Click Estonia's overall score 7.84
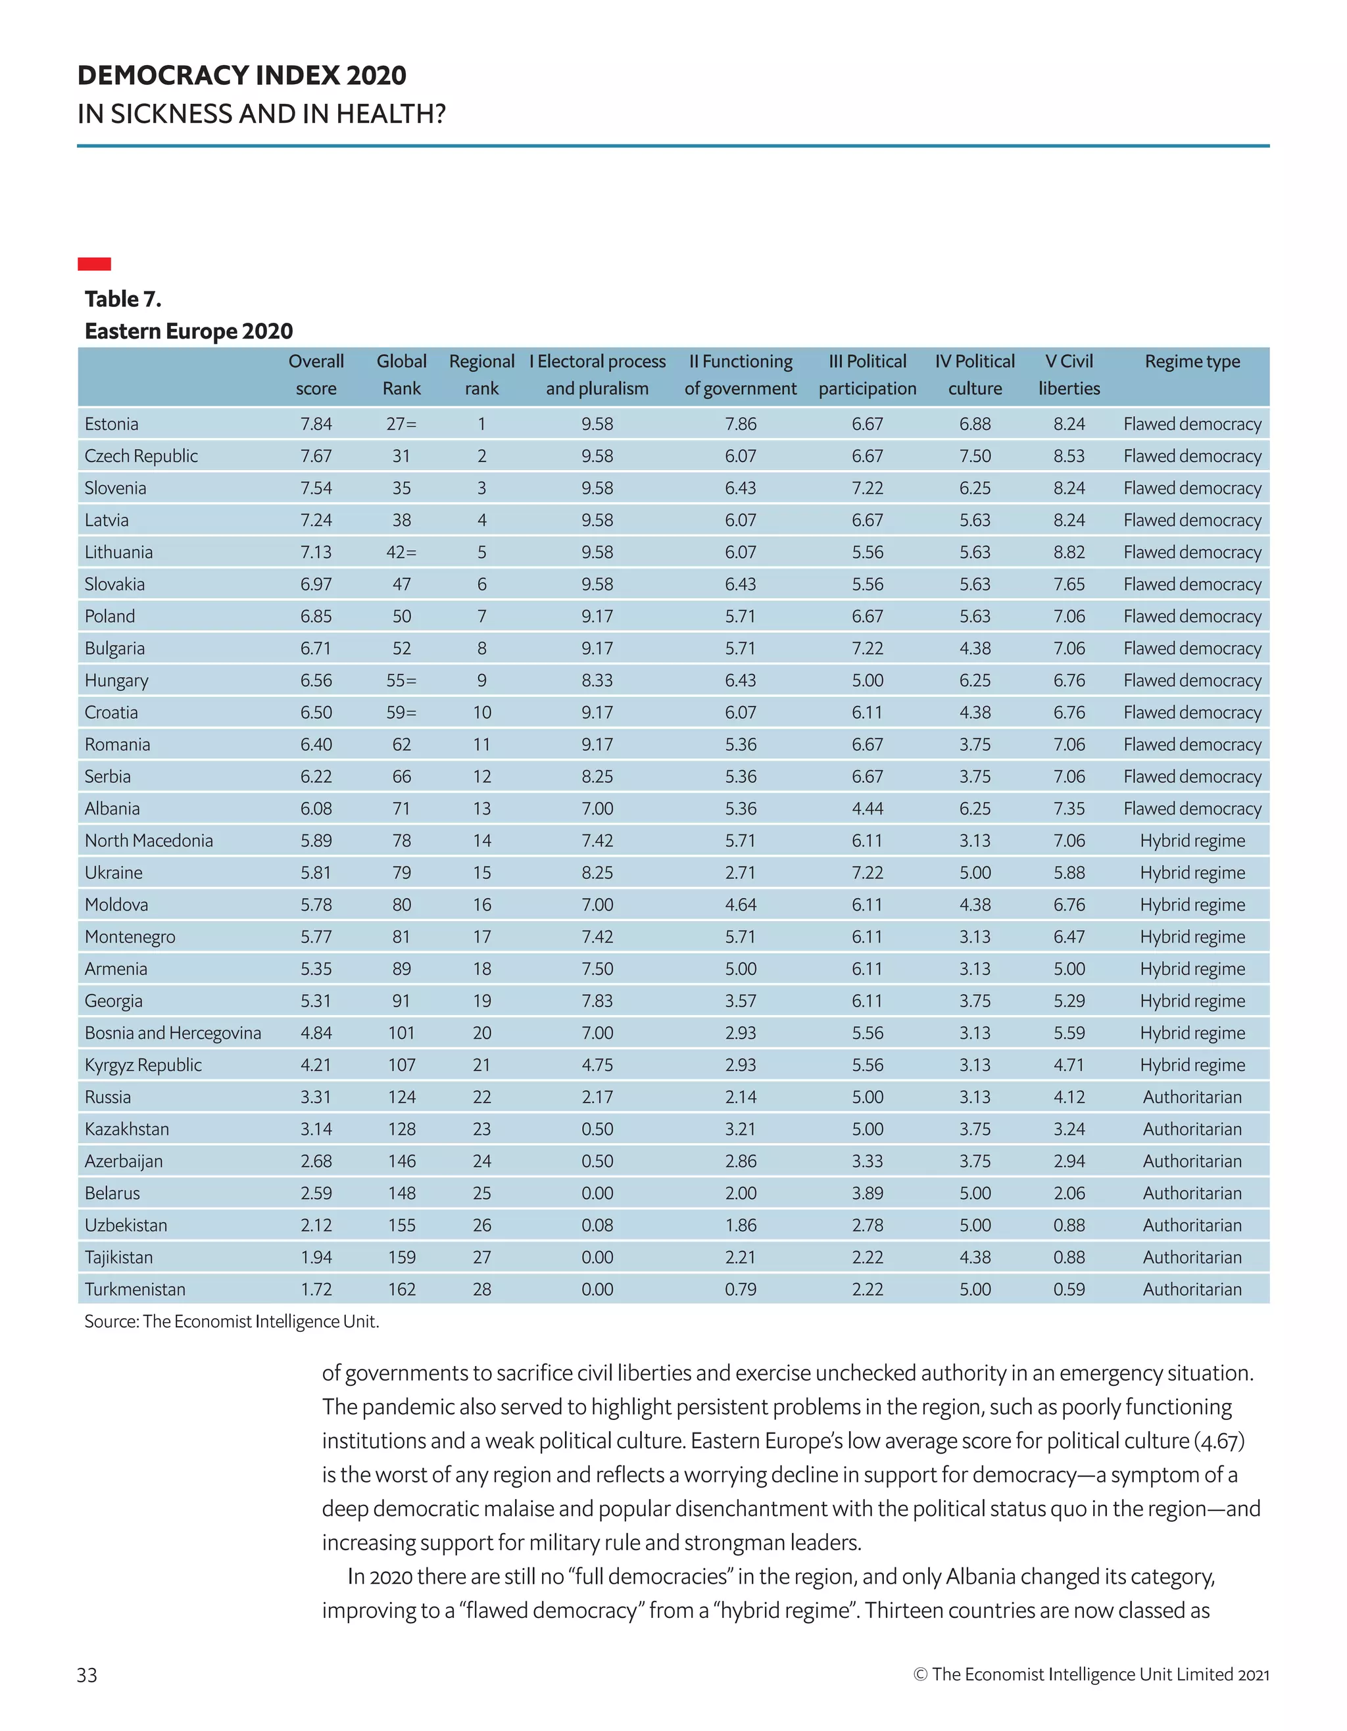coord(316,424)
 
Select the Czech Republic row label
coord(141,456)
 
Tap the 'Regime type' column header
coord(1192,362)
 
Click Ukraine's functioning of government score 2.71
coord(740,872)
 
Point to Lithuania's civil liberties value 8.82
coord(1068,552)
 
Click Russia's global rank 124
coord(401,1097)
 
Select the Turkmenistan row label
coord(135,1289)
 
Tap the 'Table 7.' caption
coord(123,299)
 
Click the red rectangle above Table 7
coord(93,264)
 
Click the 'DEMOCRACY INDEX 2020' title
coord(242,76)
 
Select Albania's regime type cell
coord(1192,809)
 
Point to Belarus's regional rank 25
coord(481,1193)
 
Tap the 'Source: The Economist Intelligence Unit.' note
coord(232,1321)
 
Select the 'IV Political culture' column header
coord(974,375)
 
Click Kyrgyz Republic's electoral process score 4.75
coord(597,1065)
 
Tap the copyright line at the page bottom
coord(1091,1674)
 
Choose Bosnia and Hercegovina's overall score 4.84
coord(316,1033)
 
